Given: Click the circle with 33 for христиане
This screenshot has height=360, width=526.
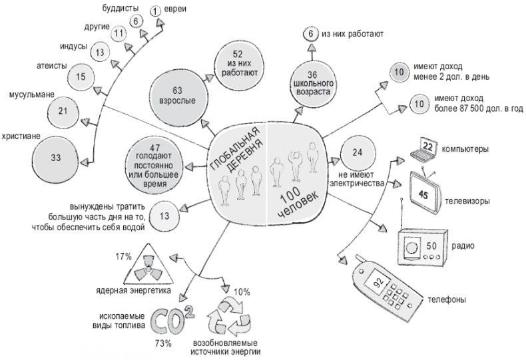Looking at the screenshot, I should (x=55, y=157).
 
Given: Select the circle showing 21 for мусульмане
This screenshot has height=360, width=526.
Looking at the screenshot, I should (x=81, y=110).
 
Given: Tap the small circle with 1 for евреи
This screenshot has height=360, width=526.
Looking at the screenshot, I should (x=156, y=10).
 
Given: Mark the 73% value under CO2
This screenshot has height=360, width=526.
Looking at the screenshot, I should (x=163, y=343).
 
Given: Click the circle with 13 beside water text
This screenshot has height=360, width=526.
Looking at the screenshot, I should (x=164, y=216).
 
